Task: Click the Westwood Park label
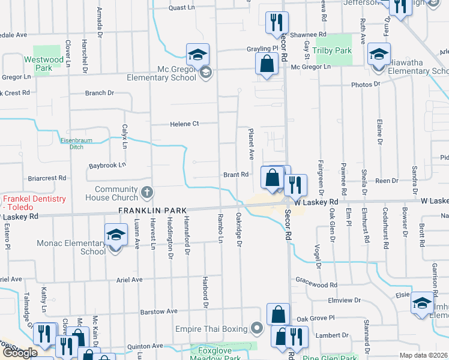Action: (48, 64)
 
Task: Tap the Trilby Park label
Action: (335, 51)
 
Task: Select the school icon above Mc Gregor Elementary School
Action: (197, 55)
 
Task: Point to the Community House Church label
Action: (116, 194)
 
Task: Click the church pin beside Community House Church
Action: (146, 194)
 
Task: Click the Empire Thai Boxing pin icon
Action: (258, 328)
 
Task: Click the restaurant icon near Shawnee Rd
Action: (277, 23)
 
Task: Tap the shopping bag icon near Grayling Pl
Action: (267, 62)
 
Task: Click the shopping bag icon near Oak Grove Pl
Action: (279, 314)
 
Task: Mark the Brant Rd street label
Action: (236, 175)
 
